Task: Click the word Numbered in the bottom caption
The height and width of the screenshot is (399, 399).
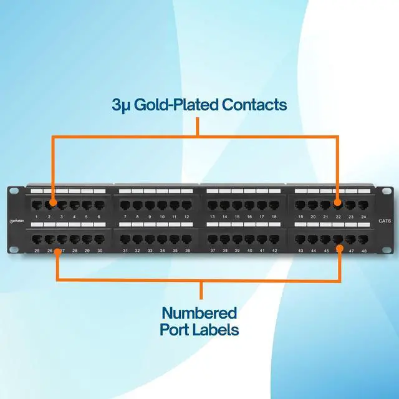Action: (x=199, y=313)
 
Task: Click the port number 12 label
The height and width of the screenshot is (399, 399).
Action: (x=186, y=216)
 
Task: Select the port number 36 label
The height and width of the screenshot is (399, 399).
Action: (x=186, y=250)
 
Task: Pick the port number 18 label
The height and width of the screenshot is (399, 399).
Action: (x=274, y=216)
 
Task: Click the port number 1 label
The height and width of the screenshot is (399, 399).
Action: (x=37, y=216)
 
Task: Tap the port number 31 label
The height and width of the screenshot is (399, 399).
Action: (x=125, y=250)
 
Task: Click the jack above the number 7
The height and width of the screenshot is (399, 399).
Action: (x=125, y=204)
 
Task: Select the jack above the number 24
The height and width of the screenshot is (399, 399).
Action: (x=363, y=204)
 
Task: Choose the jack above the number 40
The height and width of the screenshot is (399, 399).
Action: (x=249, y=238)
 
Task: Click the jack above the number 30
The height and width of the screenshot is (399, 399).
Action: (x=99, y=238)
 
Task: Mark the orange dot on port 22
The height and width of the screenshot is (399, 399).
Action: (x=337, y=203)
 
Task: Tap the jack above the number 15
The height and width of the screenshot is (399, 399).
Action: (x=237, y=204)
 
